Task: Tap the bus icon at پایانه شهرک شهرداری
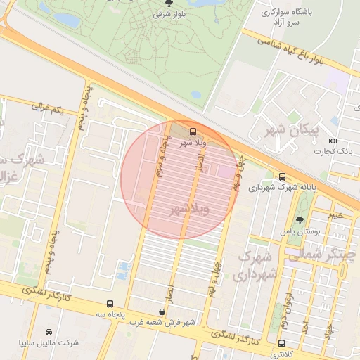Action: pyautogui.click(x=282, y=176)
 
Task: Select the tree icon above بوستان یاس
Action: pyautogui.click(x=300, y=220)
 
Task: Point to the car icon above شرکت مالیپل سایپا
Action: pyautogui.click(x=49, y=331)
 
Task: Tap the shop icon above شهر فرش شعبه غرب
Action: pyautogui.click(x=162, y=311)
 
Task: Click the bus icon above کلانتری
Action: pyautogui.click(x=282, y=344)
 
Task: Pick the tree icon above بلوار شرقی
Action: pyautogui.click(x=167, y=4)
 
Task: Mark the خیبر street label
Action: pyautogui.click(x=337, y=214)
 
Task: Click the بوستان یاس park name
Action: pyautogui.click(x=301, y=231)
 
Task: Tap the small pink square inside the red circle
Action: pyautogui.click(x=226, y=171)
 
